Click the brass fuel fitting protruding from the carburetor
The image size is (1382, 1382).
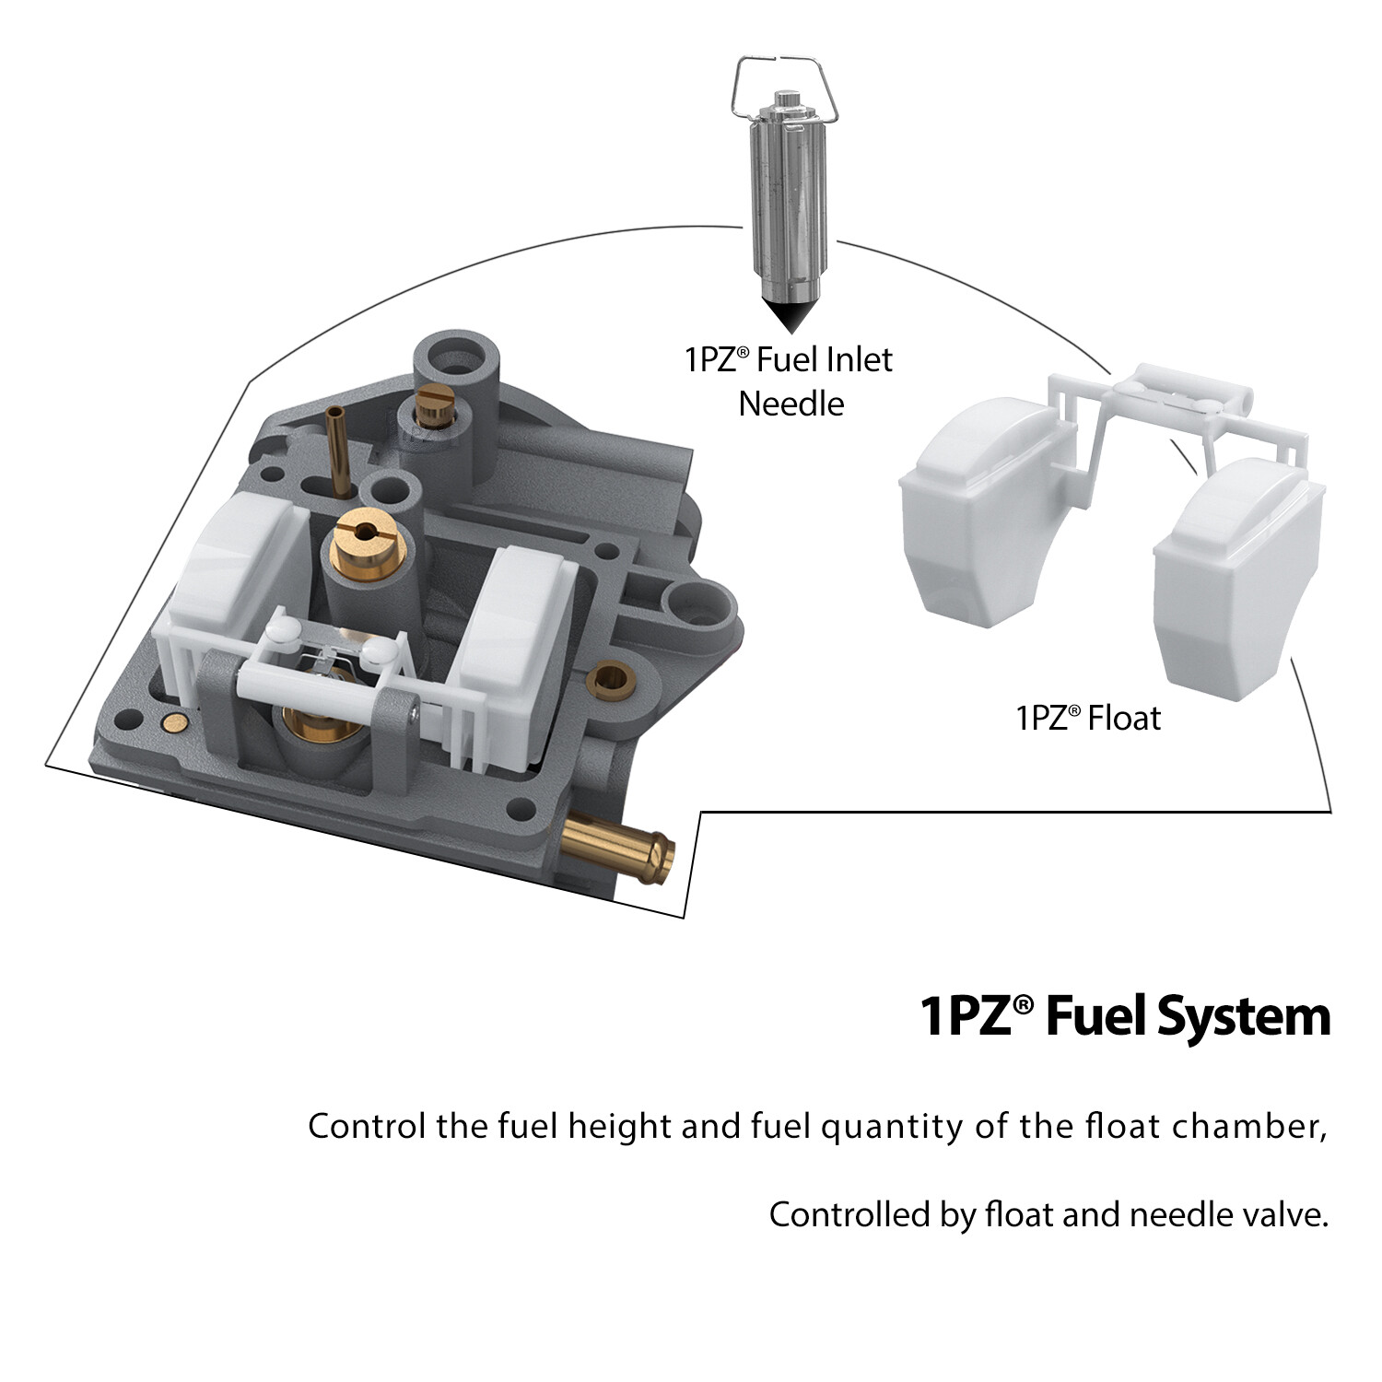[618, 848]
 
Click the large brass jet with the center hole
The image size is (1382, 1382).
[365, 544]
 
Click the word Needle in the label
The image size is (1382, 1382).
[791, 404]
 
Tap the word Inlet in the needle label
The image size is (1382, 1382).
[859, 359]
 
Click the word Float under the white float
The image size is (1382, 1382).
[1124, 718]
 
